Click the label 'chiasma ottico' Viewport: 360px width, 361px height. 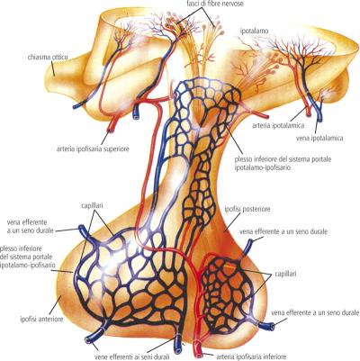[x=48, y=57]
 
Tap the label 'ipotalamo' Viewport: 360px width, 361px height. [x=254, y=31]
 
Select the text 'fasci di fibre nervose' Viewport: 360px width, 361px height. [x=213, y=4]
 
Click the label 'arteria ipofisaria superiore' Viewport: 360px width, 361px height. [x=93, y=149]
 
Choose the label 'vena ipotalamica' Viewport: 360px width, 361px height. [x=319, y=138]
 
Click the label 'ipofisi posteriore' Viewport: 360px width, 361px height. [x=247, y=209]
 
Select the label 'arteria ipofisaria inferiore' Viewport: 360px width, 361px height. [x=251, y=356]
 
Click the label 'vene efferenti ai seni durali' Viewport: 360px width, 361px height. [x=132, y=356]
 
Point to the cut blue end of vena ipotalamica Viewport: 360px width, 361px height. [x=319, y=118]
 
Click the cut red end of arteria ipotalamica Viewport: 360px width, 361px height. [x=309, y=113]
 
